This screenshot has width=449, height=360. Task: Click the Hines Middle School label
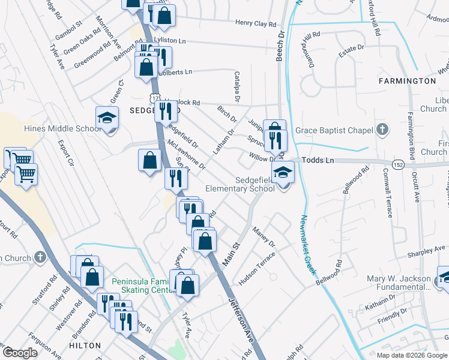(62, 128)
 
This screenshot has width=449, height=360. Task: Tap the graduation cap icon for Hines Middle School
(107, 117)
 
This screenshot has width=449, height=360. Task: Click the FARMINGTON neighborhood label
(406, 80)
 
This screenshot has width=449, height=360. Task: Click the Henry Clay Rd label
(255, 24)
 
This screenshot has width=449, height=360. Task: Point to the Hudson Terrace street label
(256, 268)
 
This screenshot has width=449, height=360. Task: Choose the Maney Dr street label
(264, 237)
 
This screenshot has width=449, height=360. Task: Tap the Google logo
(20, 353)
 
